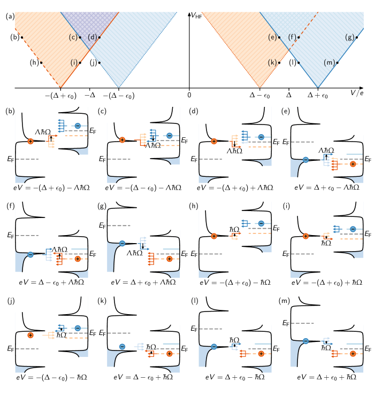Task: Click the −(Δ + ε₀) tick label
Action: click(60, 96)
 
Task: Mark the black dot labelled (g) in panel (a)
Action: click(357, 37)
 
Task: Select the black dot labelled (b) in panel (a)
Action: click(22, 37)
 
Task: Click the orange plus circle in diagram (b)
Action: click(30, 141)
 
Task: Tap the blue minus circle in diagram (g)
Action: click(122, 244)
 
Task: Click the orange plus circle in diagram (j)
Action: click(30, 335)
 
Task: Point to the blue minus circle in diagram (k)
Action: click(122, 346)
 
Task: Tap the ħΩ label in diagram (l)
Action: click(234, 340)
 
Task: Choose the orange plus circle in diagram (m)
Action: click(353, 354)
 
